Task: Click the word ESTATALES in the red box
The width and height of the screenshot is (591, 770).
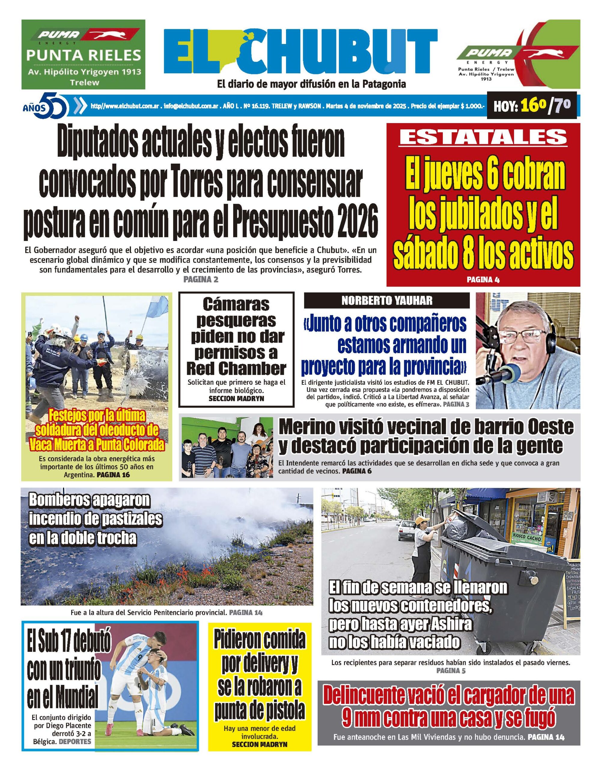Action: (483, 137)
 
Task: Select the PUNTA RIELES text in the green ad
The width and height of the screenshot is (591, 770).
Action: (84, 55)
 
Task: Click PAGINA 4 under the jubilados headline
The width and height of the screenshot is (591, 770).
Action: (483, 280)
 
